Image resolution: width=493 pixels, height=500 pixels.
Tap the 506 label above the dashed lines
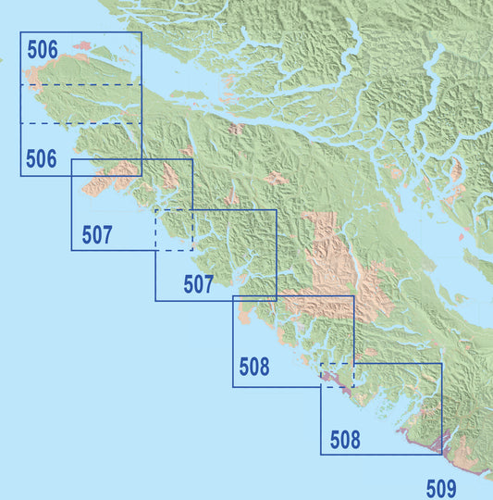[x=42, y=50]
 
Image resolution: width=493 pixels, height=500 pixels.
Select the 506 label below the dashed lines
[x=42, y=159]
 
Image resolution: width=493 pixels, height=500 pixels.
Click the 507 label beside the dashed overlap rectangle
[x=97, y=235]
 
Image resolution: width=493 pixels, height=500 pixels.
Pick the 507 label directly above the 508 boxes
[x=198, y=284]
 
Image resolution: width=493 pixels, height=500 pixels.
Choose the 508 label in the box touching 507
[x=254, y=368]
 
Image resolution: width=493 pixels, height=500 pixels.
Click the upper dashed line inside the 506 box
[x=83, y=85]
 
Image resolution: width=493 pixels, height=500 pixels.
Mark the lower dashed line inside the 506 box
[x=83, y=122]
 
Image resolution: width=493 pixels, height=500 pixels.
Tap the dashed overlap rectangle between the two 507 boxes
[x=174, y=230]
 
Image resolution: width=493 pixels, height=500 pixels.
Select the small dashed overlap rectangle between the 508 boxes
[x=337, y=375]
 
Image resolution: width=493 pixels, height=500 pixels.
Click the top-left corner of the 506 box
[x=20, y=33]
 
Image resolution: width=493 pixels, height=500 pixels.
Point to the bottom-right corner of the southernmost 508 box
[x=442, y=455]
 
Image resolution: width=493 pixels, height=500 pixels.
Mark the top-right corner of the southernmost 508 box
[x=442, y=363]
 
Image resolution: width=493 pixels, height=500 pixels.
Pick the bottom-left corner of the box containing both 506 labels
[x=20, y=176]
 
